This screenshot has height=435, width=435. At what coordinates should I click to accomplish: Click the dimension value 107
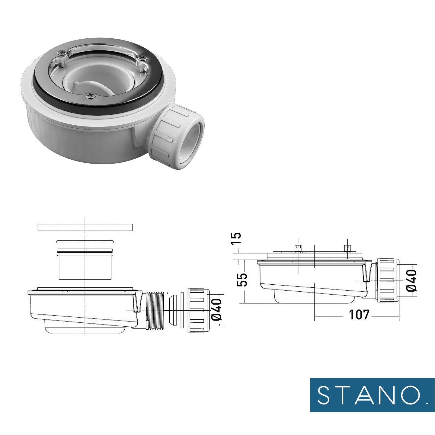point(359,314)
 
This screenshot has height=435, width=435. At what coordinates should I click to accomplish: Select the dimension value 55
point(242,280)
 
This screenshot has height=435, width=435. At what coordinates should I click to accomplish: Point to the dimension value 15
point(236,238)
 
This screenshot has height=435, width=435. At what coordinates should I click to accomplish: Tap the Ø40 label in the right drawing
point(411,281)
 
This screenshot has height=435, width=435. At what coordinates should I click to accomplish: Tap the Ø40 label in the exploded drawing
point(217,309)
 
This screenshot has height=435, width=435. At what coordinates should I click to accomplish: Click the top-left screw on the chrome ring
point(61,52)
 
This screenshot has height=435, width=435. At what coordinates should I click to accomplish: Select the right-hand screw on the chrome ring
point(142,58)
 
